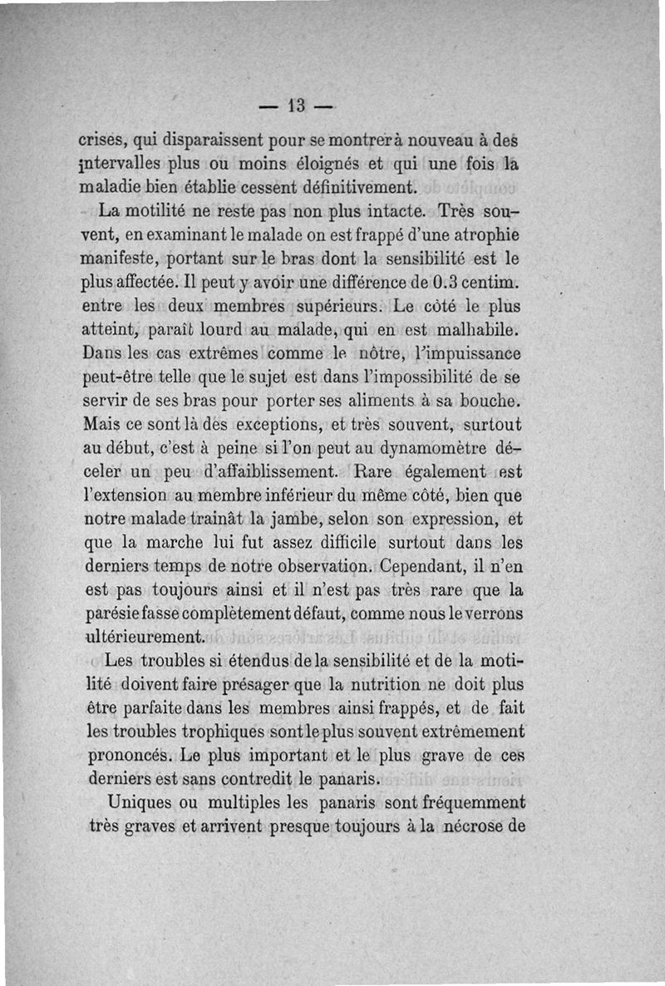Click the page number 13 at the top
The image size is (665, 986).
pyautogui.click(x=296, y=106)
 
